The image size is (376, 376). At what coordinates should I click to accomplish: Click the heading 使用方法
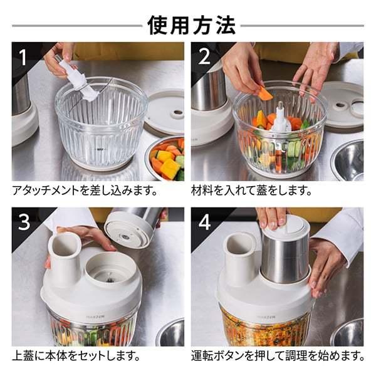pyautogui.click(x=191, y=26)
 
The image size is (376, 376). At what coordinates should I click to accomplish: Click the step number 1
pyautogui.click(x=23, y=58)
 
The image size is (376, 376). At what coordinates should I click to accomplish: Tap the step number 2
pyautogui.click(x=204, y=57)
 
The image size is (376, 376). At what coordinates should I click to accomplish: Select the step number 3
pyautogui.click(x=24, y=222)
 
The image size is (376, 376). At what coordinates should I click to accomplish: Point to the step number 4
pyautogui.click(x=204, y=222)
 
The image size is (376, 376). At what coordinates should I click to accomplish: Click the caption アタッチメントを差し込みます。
pyautogui.click(x=85, y=191)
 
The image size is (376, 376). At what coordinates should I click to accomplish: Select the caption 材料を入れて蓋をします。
pyautogui.click(x=251, y=191)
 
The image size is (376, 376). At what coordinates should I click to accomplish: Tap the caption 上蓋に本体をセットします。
pyautogui.click(x=76, y=355)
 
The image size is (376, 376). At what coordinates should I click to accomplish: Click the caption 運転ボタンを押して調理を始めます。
pyautogui.click(x=278, y=355)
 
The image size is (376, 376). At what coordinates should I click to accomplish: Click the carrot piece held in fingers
pyautogui.click(x=265, y=93)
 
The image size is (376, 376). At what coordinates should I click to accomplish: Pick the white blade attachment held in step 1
pyautogui.click(x=79, y=81)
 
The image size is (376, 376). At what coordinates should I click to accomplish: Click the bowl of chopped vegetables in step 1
pyautogui.click(x=165, y=159)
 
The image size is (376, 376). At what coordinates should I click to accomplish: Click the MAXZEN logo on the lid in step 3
pyautogui.click(x=93, y=316)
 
